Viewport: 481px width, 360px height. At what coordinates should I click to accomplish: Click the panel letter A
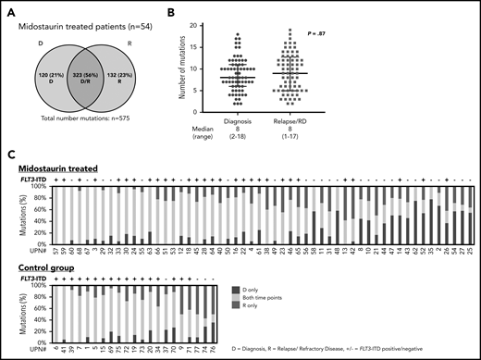pyautogui.click(x=9, y=9)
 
